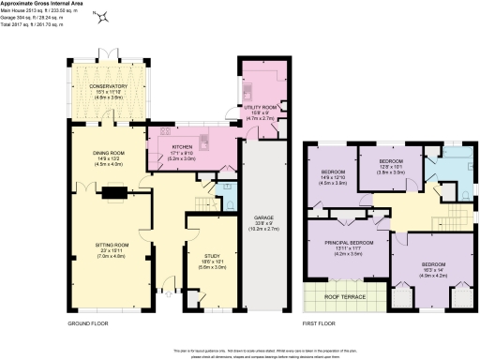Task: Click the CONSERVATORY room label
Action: point(108,86)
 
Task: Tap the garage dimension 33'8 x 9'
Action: point(261,222)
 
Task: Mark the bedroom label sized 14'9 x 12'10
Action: point(335,173)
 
